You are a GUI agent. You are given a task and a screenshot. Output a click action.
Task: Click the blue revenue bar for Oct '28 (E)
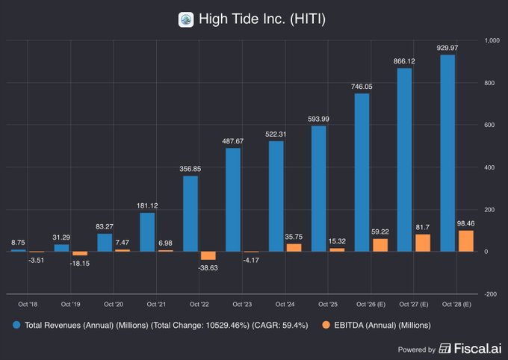point(447,153)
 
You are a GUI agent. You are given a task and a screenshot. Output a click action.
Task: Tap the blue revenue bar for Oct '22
point(190,214)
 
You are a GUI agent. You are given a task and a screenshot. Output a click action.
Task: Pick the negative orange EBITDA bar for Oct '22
point(209,255)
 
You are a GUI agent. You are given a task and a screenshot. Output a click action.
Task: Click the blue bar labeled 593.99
point(318,189)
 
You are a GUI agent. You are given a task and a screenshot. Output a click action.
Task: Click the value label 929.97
point(448,48)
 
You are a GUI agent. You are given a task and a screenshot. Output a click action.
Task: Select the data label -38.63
point(209,267)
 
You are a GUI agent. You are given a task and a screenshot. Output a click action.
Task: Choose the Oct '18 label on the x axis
point(28,304)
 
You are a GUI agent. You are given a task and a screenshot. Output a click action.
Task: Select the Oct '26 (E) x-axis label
point(371,304)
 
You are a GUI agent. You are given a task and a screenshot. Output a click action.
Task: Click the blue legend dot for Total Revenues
point(16,325)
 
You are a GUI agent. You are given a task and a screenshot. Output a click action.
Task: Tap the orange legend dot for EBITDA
point(323,325)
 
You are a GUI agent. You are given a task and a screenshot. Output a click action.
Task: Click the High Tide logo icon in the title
point(186,19)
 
